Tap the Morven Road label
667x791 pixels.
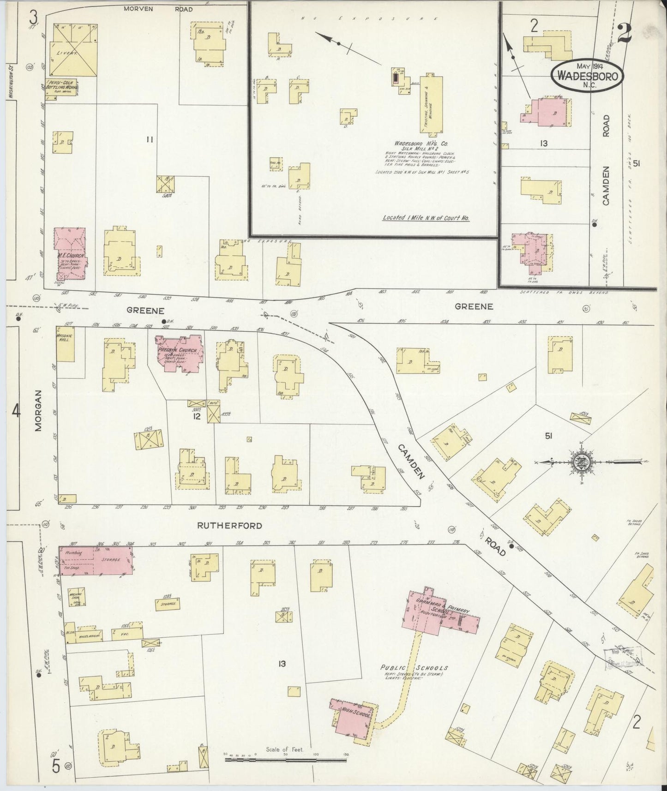[x=158, y=9]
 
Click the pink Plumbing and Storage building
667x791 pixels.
[x=95, y=560]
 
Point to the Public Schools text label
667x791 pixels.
[x=414, y=668]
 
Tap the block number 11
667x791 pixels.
[x=149, y=140]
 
